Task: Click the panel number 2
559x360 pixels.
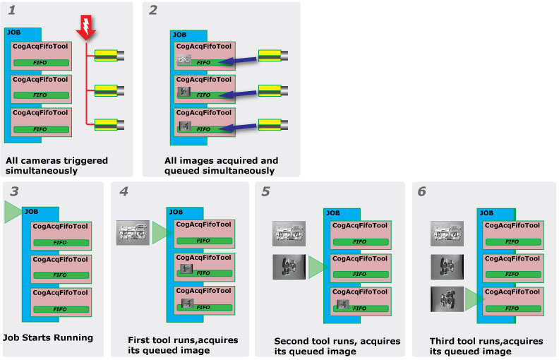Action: coord(153,10)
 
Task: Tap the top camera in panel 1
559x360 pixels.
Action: coord(109,54)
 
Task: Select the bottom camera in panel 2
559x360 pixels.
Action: coord(276,125)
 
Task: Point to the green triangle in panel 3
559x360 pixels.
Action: coord(13,212)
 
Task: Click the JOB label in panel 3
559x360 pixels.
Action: coord(32,211)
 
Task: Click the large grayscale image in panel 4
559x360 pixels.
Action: coord(133,232)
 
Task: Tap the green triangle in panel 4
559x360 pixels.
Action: coord(162,232)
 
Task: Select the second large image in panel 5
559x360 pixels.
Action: coord(289,267)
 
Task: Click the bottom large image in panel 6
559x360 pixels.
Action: coord(446,298)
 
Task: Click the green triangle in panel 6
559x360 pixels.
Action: coord(474,298)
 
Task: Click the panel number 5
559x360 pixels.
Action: coord(265,191)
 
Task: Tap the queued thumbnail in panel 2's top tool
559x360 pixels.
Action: coord(184,61)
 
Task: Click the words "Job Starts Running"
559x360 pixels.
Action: coord(49,337)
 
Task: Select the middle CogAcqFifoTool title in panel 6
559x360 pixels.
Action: coord(512,258)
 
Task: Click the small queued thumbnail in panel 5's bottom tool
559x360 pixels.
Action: coord(342,304)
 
